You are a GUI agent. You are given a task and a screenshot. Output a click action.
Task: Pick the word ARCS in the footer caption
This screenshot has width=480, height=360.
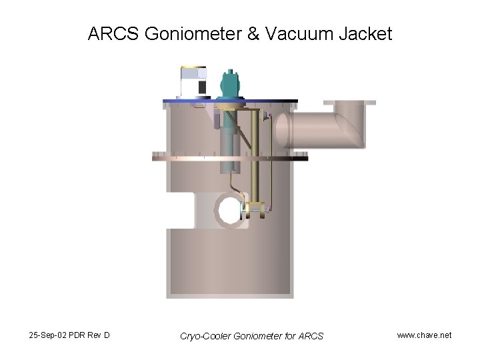(x=309, y=336)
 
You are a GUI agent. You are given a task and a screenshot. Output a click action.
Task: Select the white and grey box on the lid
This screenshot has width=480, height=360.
(x=194, y=83)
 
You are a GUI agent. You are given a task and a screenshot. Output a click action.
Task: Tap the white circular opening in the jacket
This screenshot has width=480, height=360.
(x=229, y=211)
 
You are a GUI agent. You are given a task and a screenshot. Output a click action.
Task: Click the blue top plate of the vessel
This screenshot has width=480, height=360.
(x=230, y=101)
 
